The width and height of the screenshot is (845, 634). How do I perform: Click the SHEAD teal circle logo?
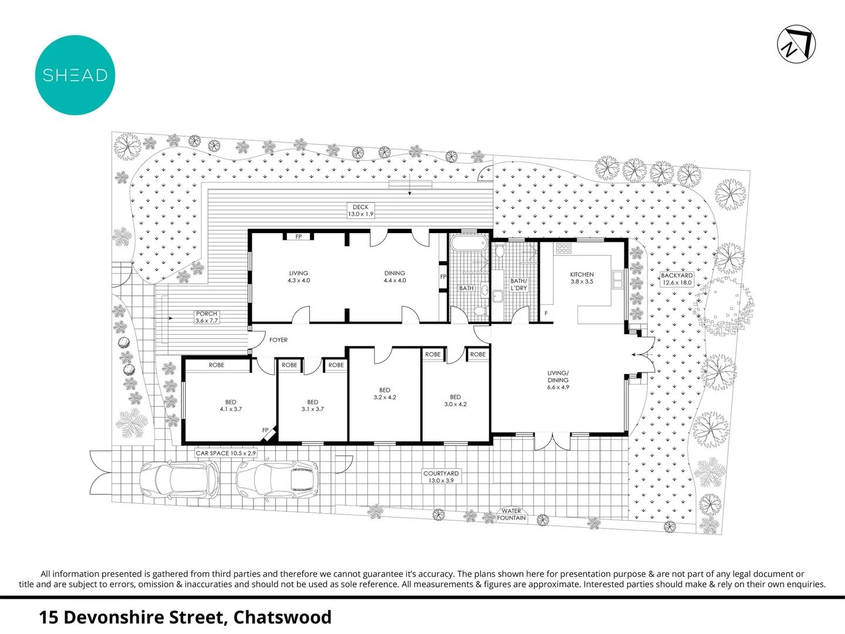click(75, 75)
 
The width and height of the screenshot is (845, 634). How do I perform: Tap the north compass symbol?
click(796, 44)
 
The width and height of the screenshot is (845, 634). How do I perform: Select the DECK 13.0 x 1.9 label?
click(360, 211)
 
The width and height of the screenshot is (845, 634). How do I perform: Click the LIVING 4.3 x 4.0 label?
click(298, 277)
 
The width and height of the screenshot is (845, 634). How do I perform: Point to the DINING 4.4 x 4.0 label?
click(394, 277)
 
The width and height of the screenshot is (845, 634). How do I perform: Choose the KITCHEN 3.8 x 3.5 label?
click(582, 278)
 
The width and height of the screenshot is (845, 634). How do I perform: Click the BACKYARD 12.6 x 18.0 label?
click(677, 279)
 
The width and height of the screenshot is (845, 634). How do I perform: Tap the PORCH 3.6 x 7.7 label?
click(207, 318)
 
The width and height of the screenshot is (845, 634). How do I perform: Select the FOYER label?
click(278, 340)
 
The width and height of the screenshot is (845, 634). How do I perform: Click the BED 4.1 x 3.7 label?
click(231, 406)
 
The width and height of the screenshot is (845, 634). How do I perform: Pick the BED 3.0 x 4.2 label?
click(455, 401)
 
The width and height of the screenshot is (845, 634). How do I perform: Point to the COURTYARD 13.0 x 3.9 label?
click(441, 477)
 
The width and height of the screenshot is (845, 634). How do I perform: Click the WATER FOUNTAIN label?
click(511, 515)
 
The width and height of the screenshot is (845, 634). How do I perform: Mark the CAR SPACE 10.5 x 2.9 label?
click(225, 453)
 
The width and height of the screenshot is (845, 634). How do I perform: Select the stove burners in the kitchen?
click(564, 248)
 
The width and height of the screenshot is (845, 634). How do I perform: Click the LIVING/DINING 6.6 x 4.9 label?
click(557, 380)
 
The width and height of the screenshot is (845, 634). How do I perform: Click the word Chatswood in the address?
click(282, 618)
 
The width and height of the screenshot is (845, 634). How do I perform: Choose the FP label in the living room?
click(299, 237)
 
